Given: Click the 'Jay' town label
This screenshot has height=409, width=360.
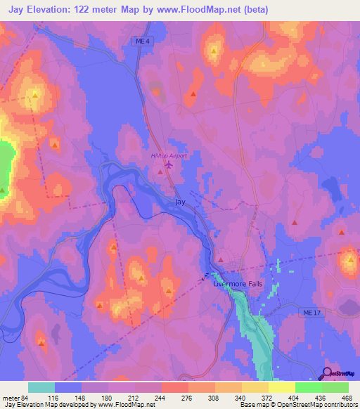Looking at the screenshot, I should coord(181,202).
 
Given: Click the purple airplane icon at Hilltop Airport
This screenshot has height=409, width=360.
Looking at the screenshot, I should coord(168,166).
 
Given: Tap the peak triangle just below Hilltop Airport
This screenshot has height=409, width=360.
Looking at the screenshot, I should coord(160,171).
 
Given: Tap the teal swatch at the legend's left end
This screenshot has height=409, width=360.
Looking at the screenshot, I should coord(41,387).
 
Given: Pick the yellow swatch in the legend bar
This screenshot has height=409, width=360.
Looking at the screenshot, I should coord(281,387).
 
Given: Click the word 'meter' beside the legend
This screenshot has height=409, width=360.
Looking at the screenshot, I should coord(12,397).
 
